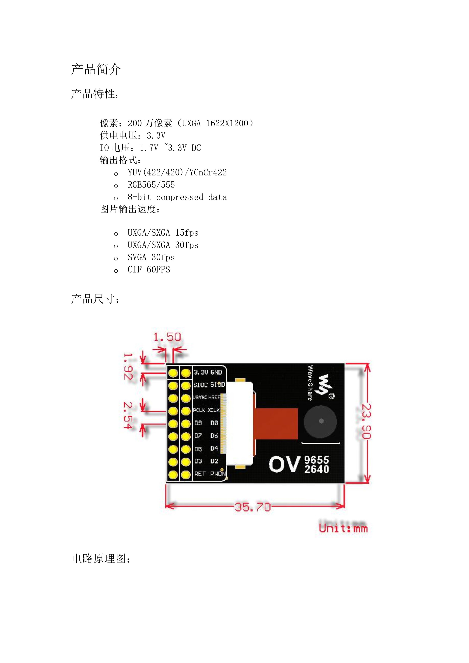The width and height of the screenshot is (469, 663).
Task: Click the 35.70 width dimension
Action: pyautogui.click(x=253, y=507)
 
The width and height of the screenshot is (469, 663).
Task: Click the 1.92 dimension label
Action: pyautogui.click(x=128, y=366)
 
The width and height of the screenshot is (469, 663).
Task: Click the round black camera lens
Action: pyautogui.click(x=320, y=421)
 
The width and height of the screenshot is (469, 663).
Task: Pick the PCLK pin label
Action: pyautogui.click(x=199, y=410)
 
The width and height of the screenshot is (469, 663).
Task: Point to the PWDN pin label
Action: pyautogui.click(x=218, y=474)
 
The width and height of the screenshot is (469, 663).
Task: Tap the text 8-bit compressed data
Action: pyautogui.click(x=177, y=197)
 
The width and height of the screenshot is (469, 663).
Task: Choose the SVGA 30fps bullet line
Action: pyautogui.click(x=151, y=257)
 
